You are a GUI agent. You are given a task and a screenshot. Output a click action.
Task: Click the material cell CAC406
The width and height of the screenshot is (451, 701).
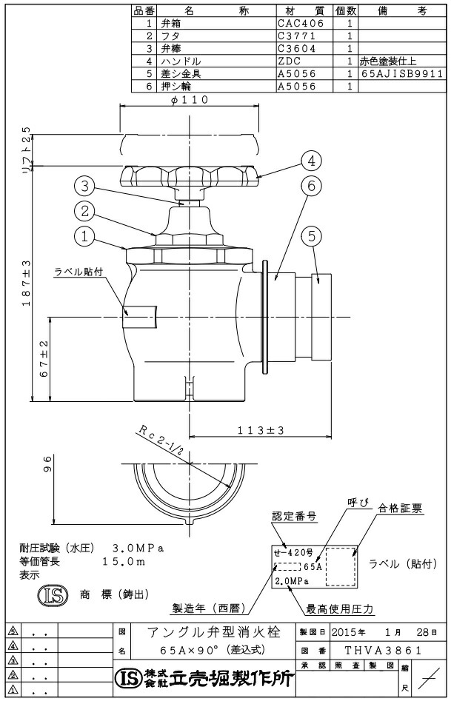coord(300,23)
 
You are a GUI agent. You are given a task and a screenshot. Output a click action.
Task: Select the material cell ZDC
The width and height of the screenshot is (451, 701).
coord(289,61)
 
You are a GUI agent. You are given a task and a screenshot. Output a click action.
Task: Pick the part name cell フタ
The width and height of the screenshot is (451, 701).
coord(170,36)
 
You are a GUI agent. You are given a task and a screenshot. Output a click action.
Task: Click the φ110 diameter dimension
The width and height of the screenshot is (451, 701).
coord(190,100)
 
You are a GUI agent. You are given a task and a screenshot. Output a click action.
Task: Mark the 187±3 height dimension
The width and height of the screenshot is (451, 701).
coord(27,283)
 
